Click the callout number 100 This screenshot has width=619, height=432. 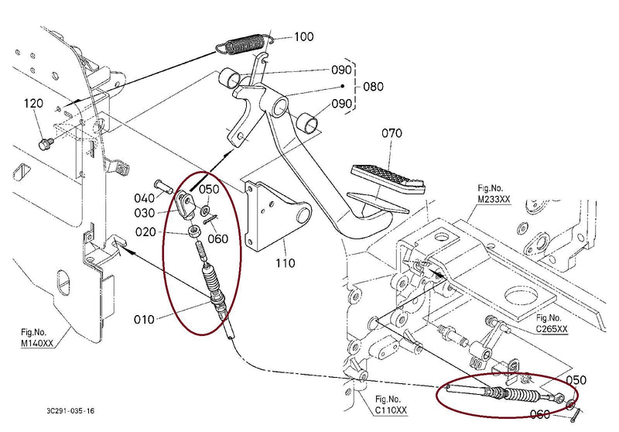coord(304,36)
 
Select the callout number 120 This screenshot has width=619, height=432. coord(33,104)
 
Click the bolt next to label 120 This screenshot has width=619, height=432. coord(46,143)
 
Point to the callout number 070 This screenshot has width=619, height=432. coord(392,133)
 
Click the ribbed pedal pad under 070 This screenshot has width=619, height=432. coord(390,176)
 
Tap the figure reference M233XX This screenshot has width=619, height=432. coord(494,194)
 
